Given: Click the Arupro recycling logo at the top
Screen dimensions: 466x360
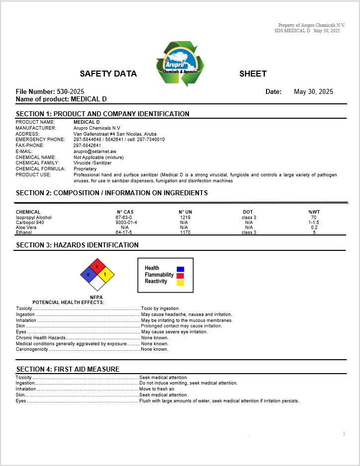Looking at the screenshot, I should click(180, 64).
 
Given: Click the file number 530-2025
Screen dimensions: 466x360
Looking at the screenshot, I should click(70, 91).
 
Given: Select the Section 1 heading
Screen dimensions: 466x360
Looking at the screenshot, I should click(102, 114).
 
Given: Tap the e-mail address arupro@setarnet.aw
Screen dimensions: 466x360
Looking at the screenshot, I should click(95, 152).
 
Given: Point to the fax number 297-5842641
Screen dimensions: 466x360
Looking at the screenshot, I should click(87, 146).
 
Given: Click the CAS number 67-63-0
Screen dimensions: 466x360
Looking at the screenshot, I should click(124, 218).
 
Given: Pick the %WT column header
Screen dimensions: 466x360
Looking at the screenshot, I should click(314, 212).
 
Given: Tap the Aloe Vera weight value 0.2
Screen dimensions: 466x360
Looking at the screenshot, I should click(314, 228).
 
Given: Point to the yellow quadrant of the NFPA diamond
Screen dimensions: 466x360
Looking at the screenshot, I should click(105, 274).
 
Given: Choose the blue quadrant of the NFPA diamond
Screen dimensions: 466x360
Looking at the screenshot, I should click(89, 274).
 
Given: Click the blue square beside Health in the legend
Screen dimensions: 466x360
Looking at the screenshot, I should click(180, 269).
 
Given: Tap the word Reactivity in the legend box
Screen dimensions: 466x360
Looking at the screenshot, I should click(156, 281).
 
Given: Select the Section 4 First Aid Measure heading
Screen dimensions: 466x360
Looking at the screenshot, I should click(68, 369).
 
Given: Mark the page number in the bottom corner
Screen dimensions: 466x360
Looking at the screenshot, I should click(344, 434).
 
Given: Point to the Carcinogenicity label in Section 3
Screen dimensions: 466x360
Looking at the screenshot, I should click(32, 349).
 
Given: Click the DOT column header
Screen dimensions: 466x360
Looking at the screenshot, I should click(248, 212).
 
